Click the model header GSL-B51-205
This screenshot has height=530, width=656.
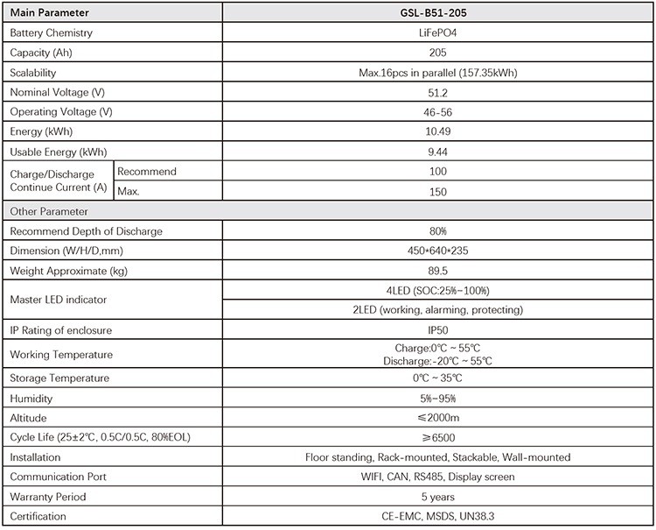point(439,13)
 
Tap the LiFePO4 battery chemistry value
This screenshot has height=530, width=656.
point(439,33)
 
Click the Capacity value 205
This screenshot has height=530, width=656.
point(439,53)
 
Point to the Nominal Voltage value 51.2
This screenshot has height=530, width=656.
point(439,92)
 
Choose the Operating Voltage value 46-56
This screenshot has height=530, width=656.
point(439,112)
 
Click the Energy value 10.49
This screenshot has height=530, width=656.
point(439,131)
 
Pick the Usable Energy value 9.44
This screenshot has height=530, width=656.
point(439,152)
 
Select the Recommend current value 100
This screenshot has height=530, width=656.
point(439,171)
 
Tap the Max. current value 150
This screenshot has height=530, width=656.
point(439,191)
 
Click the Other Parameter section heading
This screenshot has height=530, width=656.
point(49,211)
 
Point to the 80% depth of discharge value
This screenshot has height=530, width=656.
point(439,231)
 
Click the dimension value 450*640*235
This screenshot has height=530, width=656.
point(439,251)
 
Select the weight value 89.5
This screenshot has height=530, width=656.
point(439,271)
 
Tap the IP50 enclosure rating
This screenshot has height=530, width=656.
point(439,330)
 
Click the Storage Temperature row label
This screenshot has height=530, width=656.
point(59,378)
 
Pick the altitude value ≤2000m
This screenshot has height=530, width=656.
point(439,418)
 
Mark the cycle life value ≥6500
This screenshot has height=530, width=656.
point(439,437)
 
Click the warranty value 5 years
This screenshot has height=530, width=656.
point(439,497)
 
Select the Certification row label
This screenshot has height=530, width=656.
point(39,517)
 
